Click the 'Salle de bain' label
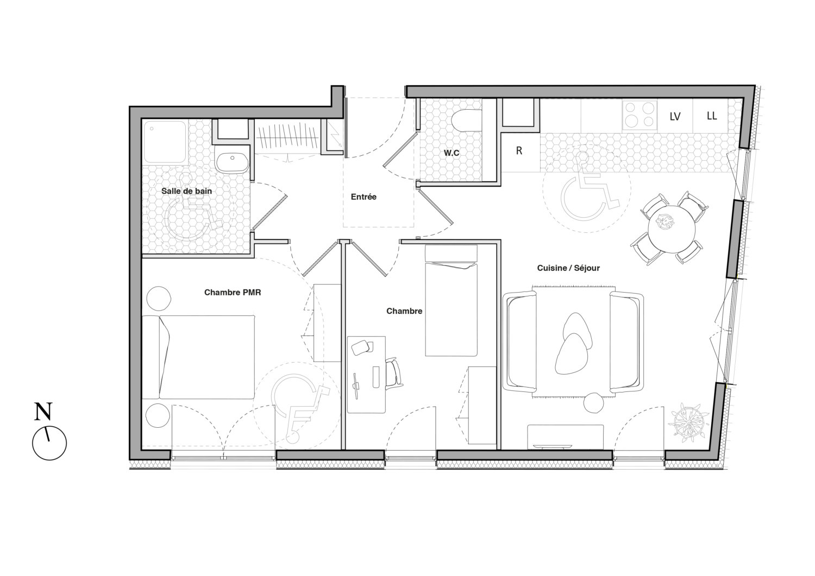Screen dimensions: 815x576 tap(186, 191)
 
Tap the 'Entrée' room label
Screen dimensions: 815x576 tap(363, 197)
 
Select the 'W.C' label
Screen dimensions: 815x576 tap(451, 153)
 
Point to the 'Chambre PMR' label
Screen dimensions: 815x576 tap(233, 293)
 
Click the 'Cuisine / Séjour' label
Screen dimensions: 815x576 tap(568, 268)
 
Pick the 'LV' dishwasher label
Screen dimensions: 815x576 tap(675, 116)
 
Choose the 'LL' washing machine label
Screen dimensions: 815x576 tap(712, 116)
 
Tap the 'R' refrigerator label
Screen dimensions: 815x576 tap(519, 150)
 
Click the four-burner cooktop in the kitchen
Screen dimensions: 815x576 tap(640, 115)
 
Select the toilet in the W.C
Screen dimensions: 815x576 tap(466, 121)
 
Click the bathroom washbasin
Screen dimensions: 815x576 tap(232, 159)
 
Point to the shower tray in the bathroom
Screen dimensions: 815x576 tap(165, 142)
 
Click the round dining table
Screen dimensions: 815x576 tap(672, 230)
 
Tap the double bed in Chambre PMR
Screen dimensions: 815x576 tap(198, 357)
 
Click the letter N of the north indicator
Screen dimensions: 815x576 tap(43, 412)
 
